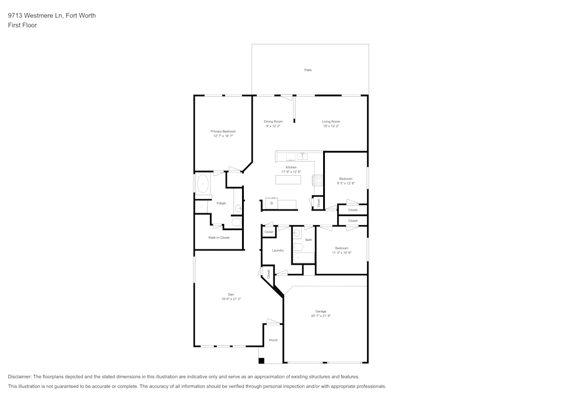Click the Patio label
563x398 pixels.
[308, 70]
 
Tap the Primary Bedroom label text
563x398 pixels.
[223, 131]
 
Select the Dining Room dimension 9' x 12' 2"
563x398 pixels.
[273, 126]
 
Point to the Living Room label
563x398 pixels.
[330, 122]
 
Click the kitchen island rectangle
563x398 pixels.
[288, 180]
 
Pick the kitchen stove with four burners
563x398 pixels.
[318, 180]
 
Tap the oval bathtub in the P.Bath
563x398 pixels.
[203, 184]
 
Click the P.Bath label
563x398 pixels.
[221, 203]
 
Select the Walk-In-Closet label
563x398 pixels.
[218, 238]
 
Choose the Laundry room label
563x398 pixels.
[278, 251]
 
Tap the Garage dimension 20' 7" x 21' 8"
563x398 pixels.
[320, 316]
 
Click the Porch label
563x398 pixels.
[273, 340]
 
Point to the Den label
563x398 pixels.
[231, 294]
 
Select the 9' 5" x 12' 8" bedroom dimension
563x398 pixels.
[346, 183]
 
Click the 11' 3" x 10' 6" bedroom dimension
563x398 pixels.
[342, 253]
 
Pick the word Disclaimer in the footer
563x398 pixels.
[20, 377]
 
